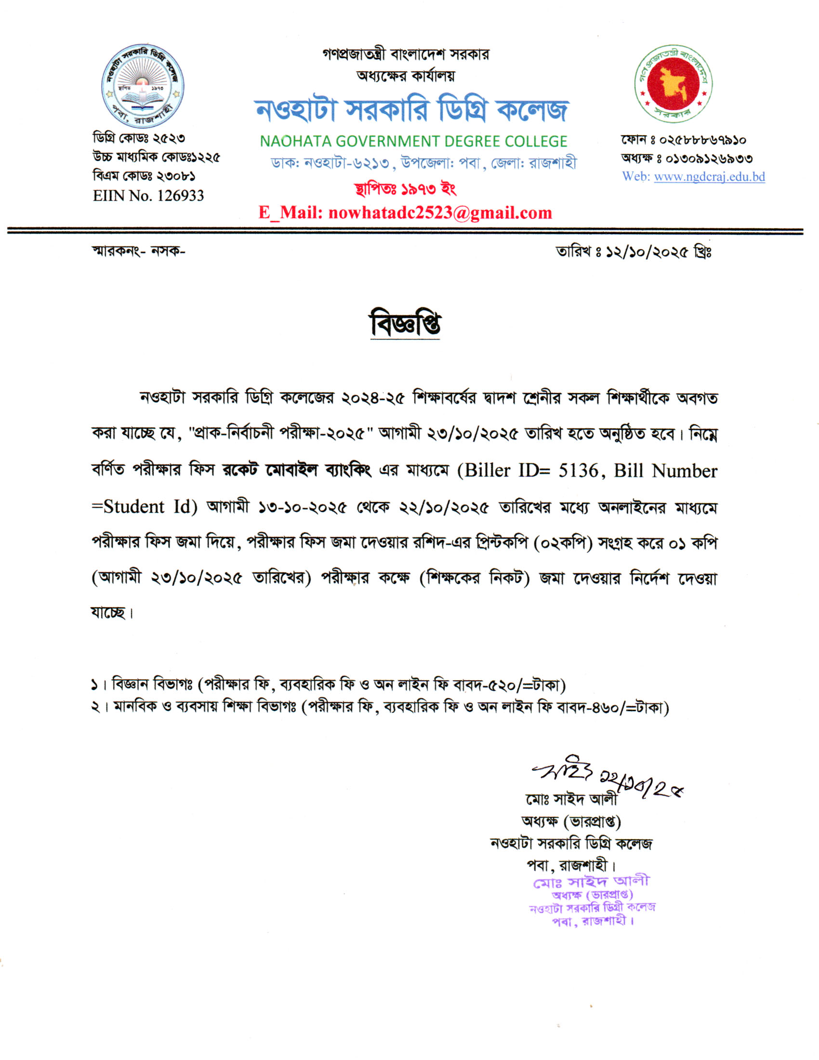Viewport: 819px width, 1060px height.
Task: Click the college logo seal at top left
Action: (142, 86)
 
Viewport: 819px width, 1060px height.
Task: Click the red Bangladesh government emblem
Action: (674, 83)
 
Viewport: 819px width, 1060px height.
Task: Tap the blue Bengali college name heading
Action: (411, 110)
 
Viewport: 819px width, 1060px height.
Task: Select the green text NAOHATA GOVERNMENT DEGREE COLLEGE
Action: (413, 141)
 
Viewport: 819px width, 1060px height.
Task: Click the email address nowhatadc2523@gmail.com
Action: (440, 212)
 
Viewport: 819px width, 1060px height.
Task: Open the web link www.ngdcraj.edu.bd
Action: (709, 177)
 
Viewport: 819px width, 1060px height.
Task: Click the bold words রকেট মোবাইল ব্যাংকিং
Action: (296, 470)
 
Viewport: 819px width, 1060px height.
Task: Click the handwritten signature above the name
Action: (563, 772)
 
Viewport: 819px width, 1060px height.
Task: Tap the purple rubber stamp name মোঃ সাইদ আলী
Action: (591, 881)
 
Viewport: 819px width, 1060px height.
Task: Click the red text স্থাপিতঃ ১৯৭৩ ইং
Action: (405, 188)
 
